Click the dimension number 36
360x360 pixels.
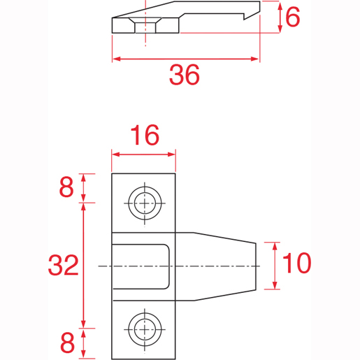(x=185, y=74)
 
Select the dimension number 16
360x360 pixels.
(x=143, y=135)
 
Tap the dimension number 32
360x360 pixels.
(x=63, y=266)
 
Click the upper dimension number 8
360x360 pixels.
(x=66, y=187)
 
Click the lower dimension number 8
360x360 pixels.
(x=66, y=343)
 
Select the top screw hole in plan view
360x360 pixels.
(x=144, y=203)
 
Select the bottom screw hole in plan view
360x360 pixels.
(x=144, y=327)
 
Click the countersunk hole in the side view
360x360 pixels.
(x=145, y=25)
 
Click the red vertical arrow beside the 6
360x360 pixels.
(x=279, y=17)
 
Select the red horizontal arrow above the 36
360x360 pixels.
(x=185, y=59)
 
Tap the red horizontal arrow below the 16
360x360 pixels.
(x=143, y=154)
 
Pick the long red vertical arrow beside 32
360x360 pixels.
(x=85, y=265)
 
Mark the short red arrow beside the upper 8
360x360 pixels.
(x=85, y=187)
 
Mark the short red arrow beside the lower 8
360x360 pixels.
(x=85, y=343)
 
